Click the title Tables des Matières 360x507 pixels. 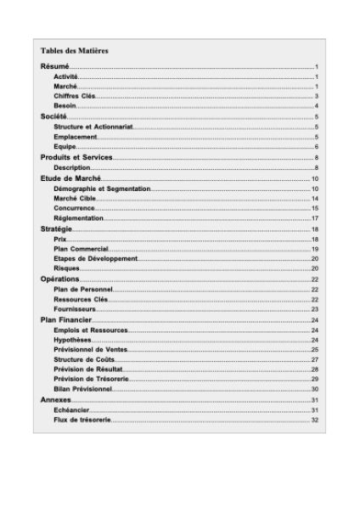click(x=75, y=51)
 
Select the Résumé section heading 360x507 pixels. click(x=55, y=66)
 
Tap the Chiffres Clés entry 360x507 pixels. click(x=74, y=96)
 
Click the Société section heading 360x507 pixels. click(x=53, y=116)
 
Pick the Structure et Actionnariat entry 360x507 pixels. click(x=93, y=127)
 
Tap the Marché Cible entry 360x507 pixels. click(x=75, y=198)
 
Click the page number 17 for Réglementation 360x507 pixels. click(x=314, y=218)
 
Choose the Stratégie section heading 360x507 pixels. click(x=56, y=229)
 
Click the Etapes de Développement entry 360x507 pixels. click(x=95, y=258)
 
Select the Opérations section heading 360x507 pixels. click(x=60, y=279)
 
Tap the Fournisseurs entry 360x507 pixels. click(x=75, y=309)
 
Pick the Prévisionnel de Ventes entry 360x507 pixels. click(x=90, y=349)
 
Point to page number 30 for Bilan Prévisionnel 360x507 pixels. click(x=314, y=389)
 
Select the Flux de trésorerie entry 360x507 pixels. click(x=82, y=420)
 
